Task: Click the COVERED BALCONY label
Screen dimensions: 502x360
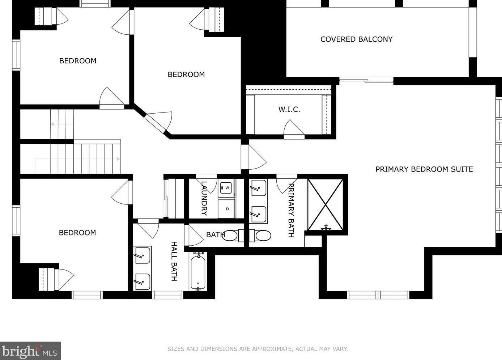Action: point(356,39)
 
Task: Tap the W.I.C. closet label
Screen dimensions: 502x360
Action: point(289,109)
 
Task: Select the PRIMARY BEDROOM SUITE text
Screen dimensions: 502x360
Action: point(424,169)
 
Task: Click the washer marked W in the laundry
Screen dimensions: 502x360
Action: point(226,188)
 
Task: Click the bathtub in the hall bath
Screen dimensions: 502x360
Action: point(198,271)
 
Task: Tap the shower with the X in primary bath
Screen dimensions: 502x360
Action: point(326,204)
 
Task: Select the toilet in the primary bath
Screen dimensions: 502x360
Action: point(260,236)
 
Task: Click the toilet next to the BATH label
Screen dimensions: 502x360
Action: point(233,236)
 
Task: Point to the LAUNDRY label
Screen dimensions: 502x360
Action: point(204,198)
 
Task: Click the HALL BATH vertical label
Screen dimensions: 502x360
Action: point(174,261)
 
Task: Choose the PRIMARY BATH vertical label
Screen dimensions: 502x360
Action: point(291,210)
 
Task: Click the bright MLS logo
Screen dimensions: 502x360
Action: point(30,351)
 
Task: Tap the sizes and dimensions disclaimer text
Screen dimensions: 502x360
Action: point(258,349)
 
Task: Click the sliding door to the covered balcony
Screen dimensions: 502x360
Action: point(366,81)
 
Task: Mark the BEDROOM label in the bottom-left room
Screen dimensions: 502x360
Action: point(77,233)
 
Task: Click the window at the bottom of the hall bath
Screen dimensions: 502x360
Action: point(167,295)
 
